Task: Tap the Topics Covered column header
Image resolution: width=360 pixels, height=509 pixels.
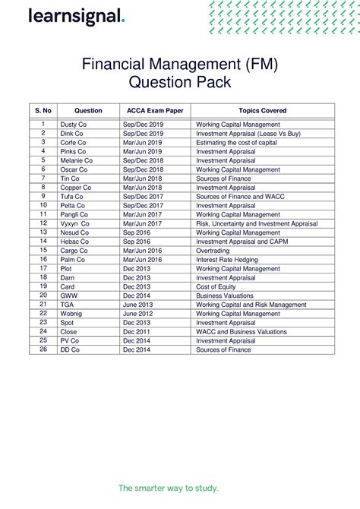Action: pos(262,110)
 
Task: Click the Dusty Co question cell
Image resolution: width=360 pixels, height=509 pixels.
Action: pos(74,124)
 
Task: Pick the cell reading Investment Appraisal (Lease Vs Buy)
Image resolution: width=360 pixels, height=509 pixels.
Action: pos(248,133)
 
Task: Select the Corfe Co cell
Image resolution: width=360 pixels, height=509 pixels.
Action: pos(73,142)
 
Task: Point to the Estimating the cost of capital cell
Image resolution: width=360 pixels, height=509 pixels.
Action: pos(237,142)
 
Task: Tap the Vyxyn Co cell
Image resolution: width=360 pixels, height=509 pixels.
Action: pos(74,223)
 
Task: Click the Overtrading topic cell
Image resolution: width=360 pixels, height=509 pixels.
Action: pos(215,250)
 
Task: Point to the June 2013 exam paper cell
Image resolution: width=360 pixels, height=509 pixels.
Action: pos(138,305)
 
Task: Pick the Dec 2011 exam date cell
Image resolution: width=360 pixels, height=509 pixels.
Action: pos(137,331)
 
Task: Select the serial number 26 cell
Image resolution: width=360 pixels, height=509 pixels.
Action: pos(43,349)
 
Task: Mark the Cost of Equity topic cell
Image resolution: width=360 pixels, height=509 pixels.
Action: pos(219,286)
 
